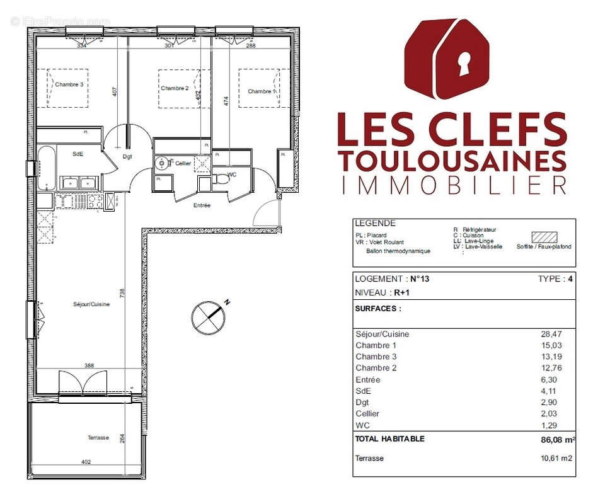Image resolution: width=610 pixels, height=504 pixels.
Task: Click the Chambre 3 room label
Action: pos(69,84)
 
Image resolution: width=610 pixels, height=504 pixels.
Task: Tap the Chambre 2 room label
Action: pos(175,88)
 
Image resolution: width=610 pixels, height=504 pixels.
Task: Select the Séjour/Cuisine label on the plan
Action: pos(91,304)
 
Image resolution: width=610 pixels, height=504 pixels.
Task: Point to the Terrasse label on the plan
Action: pos(98,438)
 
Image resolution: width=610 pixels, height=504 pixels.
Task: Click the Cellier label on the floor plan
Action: pos(183,163)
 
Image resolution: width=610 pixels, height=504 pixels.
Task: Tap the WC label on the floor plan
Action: pos(231,175)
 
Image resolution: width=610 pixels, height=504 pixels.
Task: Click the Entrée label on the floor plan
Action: pos(202,205)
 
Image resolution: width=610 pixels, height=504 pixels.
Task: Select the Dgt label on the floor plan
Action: pos(127,157)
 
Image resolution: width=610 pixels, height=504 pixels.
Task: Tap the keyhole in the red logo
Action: pos(465,64)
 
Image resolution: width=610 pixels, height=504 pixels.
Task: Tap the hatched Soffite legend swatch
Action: pos(543,237)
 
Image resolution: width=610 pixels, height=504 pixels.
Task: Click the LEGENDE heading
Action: pos(375,223)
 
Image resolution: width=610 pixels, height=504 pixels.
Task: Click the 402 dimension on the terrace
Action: pos(86,462)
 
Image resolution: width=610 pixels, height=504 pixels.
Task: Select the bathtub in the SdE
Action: pos(46,168)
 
